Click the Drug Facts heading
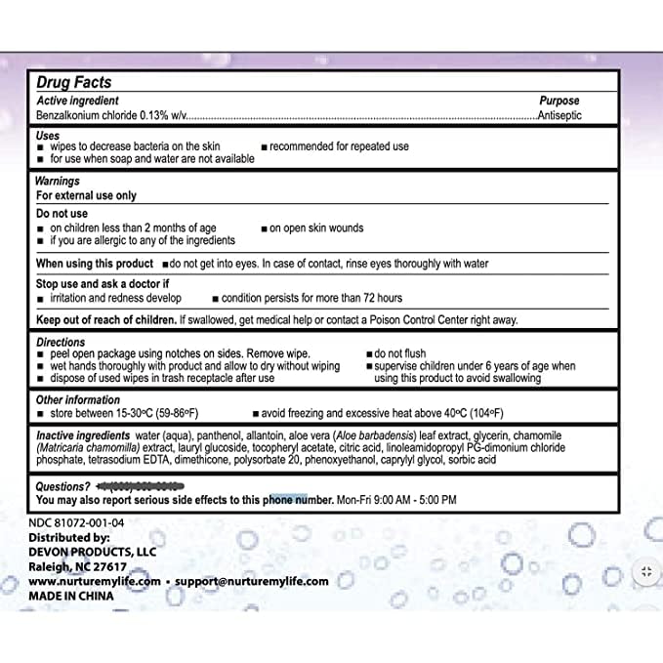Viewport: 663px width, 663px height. (x=73, y=84)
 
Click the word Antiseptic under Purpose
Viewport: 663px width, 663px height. (x=568, y=115)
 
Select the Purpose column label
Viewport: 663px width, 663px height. (x=559, y=101)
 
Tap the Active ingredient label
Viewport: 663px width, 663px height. (x=78, y=101)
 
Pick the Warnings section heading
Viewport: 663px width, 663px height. (x=58, y=182)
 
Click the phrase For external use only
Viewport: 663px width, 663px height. (x=86, y=195)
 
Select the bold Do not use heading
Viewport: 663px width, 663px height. (x=62, y=214)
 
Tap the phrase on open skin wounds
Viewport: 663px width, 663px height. (x=315, y=228)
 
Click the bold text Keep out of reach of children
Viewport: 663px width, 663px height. (x=105, y=319)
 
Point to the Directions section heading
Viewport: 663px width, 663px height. (x=61, y=344)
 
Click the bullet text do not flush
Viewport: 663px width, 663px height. (x=406, y=354)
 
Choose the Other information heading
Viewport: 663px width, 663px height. (x=78, y=400)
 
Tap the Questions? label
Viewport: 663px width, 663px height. (x=63, y=485)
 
